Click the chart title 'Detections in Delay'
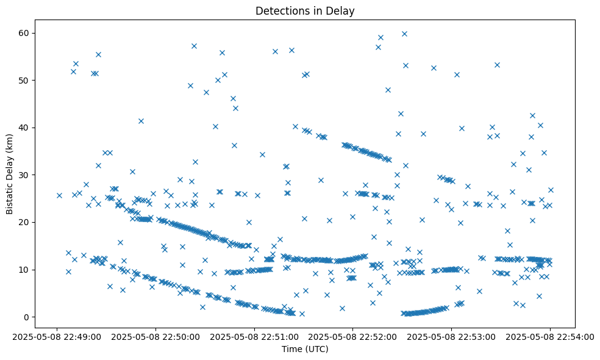305,11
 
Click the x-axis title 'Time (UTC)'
305,349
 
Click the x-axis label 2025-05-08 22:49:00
57,336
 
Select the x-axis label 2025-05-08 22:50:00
155,336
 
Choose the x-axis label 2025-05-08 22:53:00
451,336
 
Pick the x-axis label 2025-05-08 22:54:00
549,336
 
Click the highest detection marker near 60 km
404,34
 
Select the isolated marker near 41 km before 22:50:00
141,121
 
